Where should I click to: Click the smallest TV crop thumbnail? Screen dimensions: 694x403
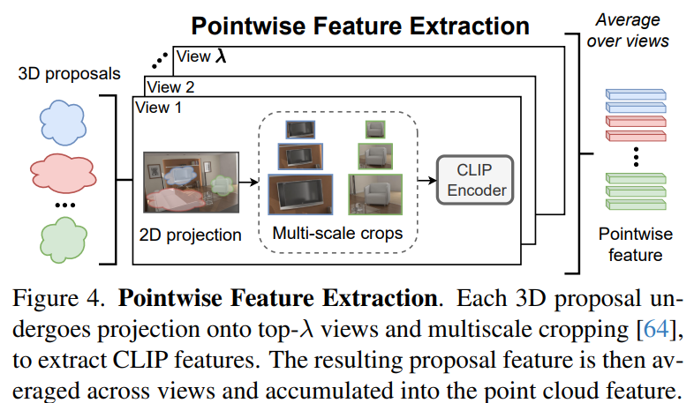click(300, 130)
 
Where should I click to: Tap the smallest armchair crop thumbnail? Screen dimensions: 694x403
click(375, 130)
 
